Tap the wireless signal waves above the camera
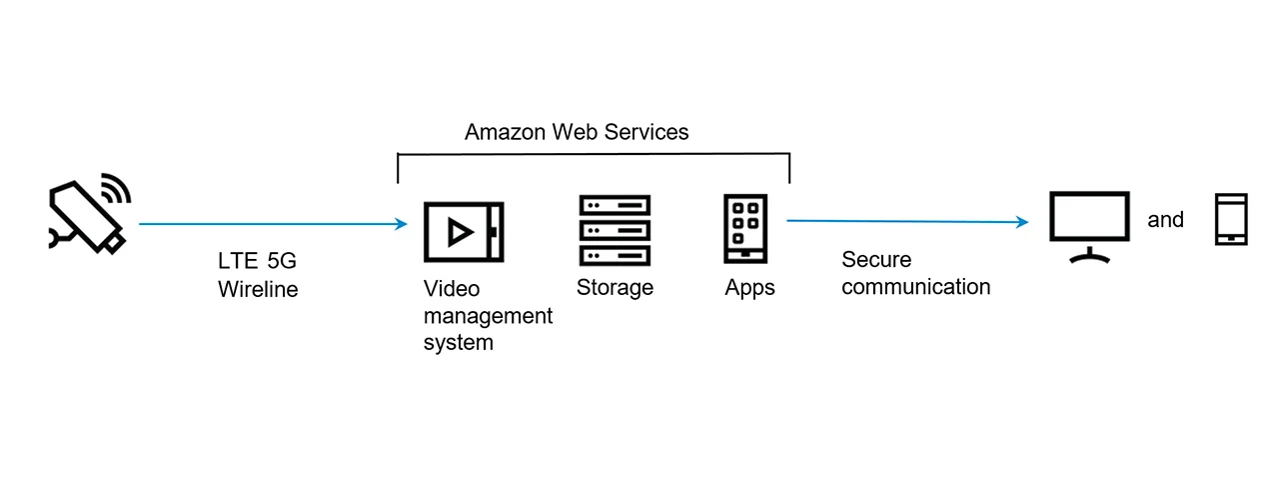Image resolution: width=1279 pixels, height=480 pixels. pyautogui.click(x=116, y=190)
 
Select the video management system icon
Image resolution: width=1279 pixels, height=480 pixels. pyautogui.click(x=464, y=232)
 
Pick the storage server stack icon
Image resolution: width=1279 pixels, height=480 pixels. pyautogui.click(x=615, y=230)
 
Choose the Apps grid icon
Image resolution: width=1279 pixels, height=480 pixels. pyautogui.click(x=745, y=228)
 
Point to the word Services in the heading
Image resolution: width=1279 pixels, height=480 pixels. pyautogui.click(x=651, y=132)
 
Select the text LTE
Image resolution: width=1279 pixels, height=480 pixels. pyautogui.click(x=237, y=262)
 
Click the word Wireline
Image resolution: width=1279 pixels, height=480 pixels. pyautogui.click(x=258, y=290)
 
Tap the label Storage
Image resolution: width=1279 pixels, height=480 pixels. pyautogui.click(x=615, y=288)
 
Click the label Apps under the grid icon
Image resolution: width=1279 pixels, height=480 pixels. pyautogui.click(x=749, y=289)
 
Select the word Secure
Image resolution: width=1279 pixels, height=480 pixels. pyautogui.click(x=876, y=260)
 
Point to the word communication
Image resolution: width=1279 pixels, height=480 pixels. pyautogui.click(x=915, y=287)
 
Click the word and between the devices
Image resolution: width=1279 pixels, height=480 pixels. pyautogui.click(x=1165, y=220)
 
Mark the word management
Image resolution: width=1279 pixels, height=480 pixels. pyautogui.click(x=488, y=316)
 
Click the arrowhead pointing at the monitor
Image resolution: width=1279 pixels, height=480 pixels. pyautogui.click(x=1022, y=222)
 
